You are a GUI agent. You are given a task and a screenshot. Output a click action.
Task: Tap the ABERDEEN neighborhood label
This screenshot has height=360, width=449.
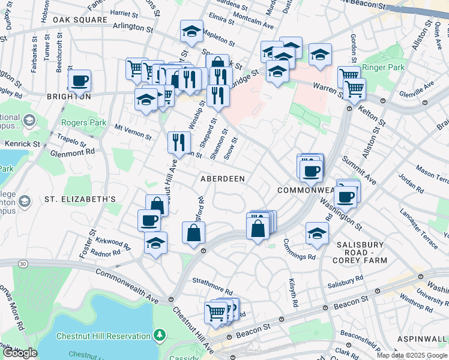[x=223, y=179]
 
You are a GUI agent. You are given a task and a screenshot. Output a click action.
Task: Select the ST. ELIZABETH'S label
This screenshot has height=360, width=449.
[x=71, y=198]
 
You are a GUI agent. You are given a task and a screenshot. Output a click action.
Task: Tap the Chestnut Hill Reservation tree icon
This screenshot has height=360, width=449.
[x=160, y=335]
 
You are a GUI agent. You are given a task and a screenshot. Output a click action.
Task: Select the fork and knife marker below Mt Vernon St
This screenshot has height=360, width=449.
[x=179, y=142]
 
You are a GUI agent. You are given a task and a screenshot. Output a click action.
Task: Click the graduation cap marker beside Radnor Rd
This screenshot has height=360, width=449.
[x=155, y=243]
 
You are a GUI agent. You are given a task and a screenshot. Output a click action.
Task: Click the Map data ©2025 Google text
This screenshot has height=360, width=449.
[x=411, y=355]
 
